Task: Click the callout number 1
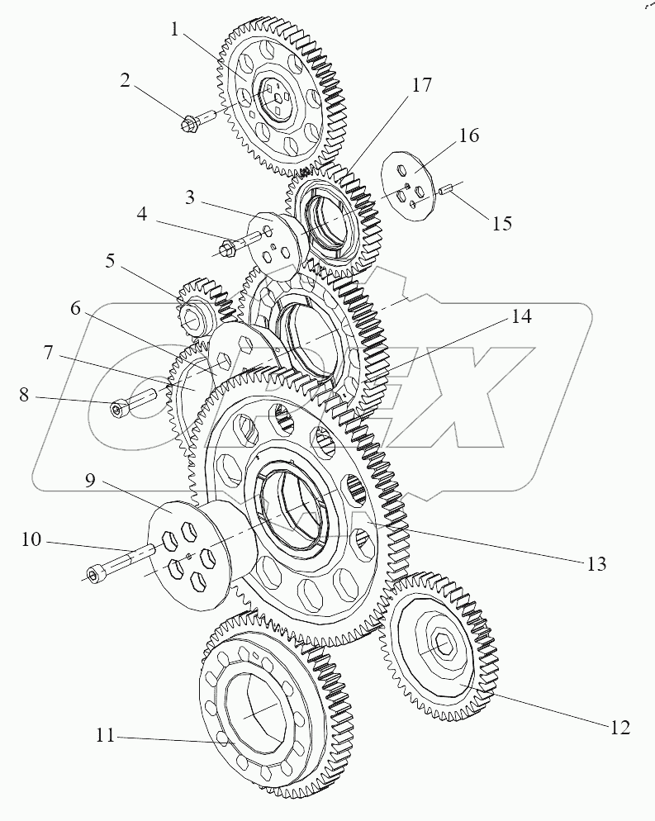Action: [x=174, y=31]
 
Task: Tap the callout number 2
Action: [x=125, y=80]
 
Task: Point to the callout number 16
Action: [x=468, y=136]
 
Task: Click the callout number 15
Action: [x=501, y=222]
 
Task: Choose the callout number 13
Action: [x=596, y=564]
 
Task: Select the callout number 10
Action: [x=31, y=541]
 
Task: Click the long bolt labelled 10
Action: [x=116, y=567]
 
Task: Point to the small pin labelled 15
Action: [x=445, y=192]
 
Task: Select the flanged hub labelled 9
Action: [x=186, y=552]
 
